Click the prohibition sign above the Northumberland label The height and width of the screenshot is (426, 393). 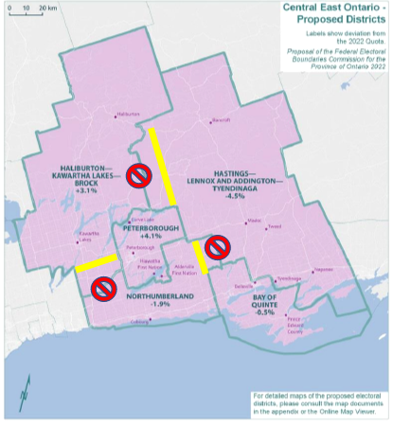click(x=103, y=286)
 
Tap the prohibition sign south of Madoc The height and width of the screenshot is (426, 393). click(x=217, y=247)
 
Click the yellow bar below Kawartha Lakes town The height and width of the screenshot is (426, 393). click(x=97, y=261)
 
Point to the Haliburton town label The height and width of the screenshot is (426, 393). click(x=125, y=116)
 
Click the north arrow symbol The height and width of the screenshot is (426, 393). click(x=26, y=386)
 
